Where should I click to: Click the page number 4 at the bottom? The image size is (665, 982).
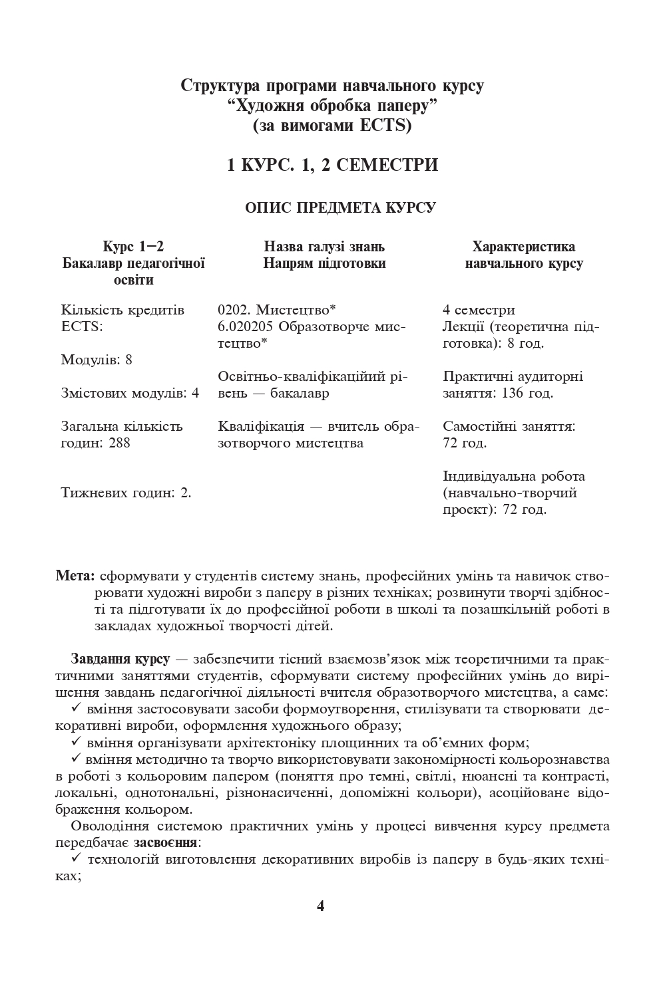[320, 907]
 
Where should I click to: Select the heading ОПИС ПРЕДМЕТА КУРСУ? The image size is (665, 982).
[340, 208]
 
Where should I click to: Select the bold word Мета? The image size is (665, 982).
[77, 576]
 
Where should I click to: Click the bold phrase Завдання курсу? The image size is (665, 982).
[120, 660]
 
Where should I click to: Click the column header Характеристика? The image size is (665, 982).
[523, 247]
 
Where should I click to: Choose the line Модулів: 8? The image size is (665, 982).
[97, 360]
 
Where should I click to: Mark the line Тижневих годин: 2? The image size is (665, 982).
[126, 493]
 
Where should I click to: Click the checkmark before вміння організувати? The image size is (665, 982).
[77, 741]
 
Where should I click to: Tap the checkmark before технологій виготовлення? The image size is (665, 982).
[77, 858]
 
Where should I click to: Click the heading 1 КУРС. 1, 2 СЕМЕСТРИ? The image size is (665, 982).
[332, 165]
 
